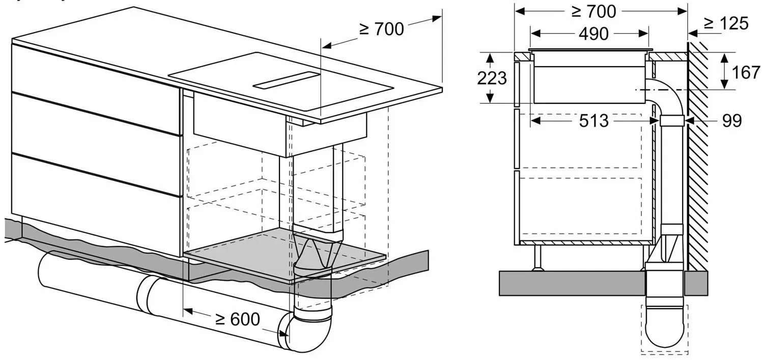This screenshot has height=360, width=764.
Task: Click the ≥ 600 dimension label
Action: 238,319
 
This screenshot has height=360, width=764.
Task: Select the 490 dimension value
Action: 594,34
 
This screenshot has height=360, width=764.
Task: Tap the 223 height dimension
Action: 492,78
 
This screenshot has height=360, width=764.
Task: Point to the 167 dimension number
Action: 746,73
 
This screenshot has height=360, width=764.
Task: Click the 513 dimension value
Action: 594,121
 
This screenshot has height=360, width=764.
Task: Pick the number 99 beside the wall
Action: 732,121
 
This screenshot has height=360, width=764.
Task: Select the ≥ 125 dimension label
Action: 726,23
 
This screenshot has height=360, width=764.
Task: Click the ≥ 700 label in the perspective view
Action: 381,29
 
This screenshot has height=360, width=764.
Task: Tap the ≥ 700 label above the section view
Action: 594,12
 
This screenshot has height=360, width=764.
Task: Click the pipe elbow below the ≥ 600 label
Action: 308,331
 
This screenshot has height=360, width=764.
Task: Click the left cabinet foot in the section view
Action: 539,258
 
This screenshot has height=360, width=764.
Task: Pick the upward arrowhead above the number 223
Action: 490,59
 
